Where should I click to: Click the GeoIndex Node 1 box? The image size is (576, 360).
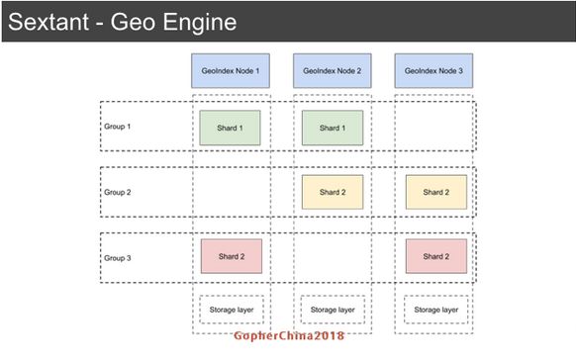[231, 71]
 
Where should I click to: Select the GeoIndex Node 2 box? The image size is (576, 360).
[332, 71]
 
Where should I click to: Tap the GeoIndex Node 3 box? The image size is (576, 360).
[433, 71]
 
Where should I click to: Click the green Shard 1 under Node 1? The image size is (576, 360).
[231, 128]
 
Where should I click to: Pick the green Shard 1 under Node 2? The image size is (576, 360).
[333, 128]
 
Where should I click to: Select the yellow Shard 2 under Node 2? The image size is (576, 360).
[333, 192]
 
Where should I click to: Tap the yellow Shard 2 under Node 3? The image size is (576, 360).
[435, 192]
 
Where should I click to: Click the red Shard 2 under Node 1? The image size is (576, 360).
[231, 256]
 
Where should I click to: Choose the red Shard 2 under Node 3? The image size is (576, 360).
[435, 256]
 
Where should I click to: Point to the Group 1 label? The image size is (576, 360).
[118, 127]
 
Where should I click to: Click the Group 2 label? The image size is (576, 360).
[118, 192]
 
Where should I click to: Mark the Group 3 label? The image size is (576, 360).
[118, 257]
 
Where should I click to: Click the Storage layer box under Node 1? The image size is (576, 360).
[230, 310]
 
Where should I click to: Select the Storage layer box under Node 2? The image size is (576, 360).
[333, 310]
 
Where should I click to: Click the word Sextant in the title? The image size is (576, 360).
[50, 21]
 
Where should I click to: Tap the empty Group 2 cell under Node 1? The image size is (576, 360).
[231, 192]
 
